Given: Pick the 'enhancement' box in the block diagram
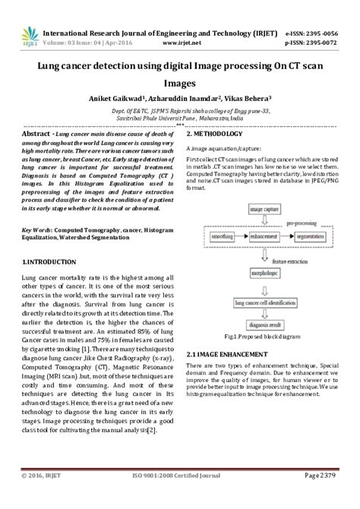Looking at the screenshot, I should (x=263, y=238).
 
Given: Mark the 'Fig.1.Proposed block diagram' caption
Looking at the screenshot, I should (x=262, y=337).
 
